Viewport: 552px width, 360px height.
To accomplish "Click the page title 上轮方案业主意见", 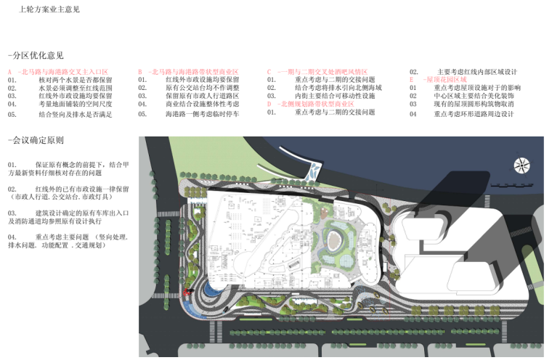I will point(49,10).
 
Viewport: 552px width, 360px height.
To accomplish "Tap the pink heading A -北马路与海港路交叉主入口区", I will point(58,72).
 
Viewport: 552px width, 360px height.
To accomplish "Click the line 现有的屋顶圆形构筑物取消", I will point(474,105).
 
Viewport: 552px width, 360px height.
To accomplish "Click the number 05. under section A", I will point(12,114).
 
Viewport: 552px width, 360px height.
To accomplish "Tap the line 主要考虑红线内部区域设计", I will point(476,72).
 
